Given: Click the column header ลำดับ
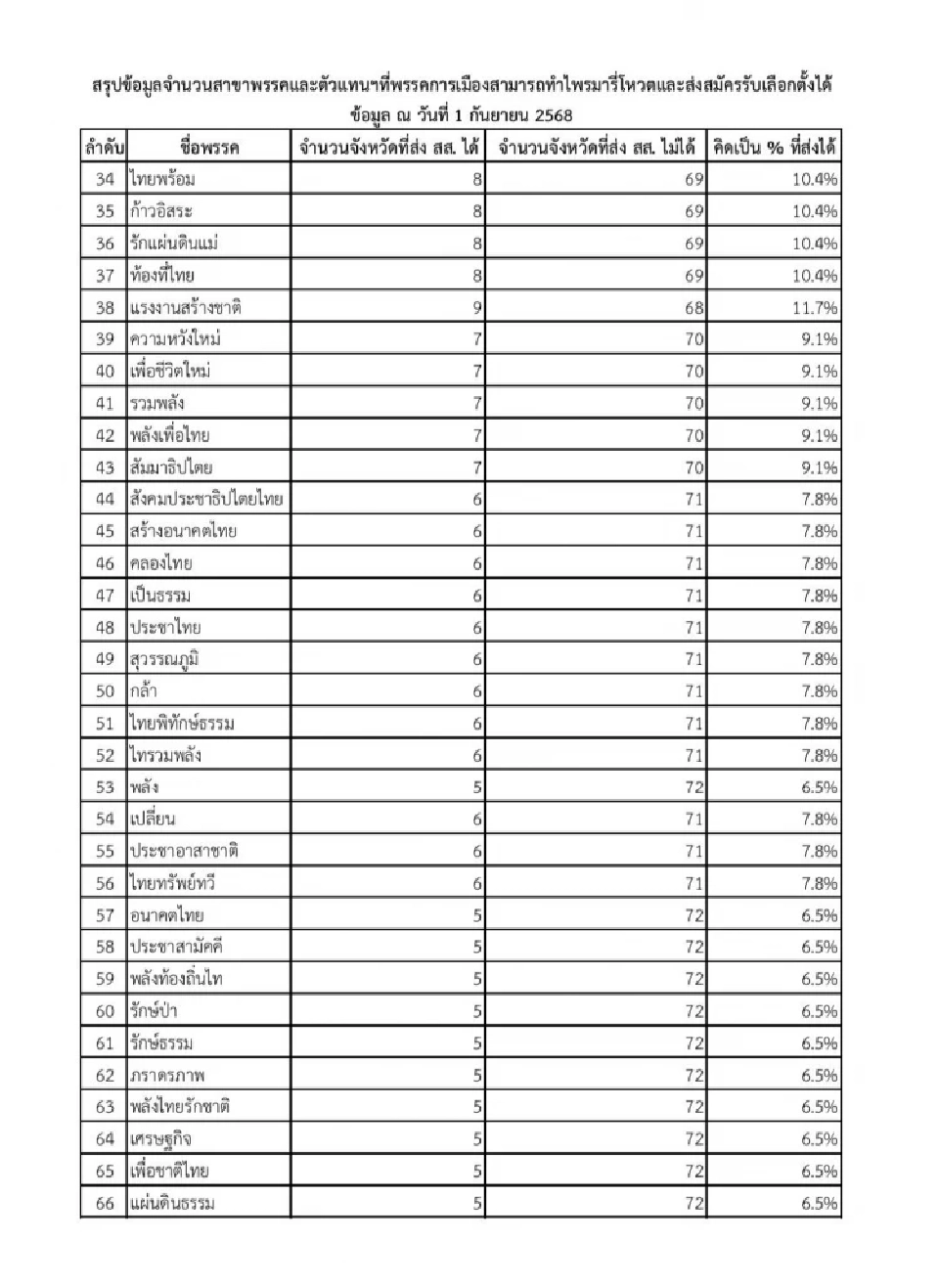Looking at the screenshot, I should (x=104, y=148).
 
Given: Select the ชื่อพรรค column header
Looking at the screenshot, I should (x=209, y=148).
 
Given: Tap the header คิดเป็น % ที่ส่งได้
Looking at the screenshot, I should (x=774, y=148).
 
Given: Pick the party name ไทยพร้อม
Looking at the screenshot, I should (x=162, y=179).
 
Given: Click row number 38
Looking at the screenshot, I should (x=105, y=307).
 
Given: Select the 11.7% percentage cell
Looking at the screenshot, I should (x=815, y=307).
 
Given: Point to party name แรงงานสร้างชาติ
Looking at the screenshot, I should (x=185, y=307).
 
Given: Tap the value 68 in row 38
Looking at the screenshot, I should (x=693, y=307).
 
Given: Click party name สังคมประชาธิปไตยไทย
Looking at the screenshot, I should (x=206, y=499).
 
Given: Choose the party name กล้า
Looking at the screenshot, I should (x=144, y=690).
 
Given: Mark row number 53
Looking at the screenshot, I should (x=105, y=786).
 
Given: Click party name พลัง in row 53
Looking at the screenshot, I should (x=144, y=786).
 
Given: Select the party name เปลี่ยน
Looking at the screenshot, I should (x=153, y=819).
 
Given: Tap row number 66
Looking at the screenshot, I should (x=105, y=1203).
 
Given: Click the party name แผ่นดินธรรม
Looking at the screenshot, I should (x=172, y=1203).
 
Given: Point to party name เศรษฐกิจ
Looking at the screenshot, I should (x=160, y=1138).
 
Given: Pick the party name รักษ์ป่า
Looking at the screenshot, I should (x=154, y=1011).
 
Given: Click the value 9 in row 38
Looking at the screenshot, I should (x=477, y=307).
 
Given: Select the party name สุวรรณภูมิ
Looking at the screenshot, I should (x=164, y=658).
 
